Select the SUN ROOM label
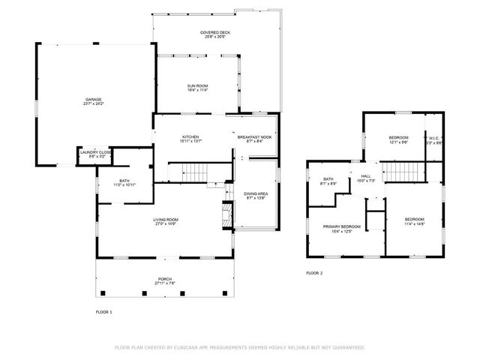[197, 87]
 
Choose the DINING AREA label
[256, 194]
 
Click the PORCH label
[164, 280]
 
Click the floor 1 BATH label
[124, 181]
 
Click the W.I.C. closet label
[433, 139]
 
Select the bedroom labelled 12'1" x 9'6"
[398, 139]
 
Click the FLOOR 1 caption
[103, 311]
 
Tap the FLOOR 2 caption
[314, 273]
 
